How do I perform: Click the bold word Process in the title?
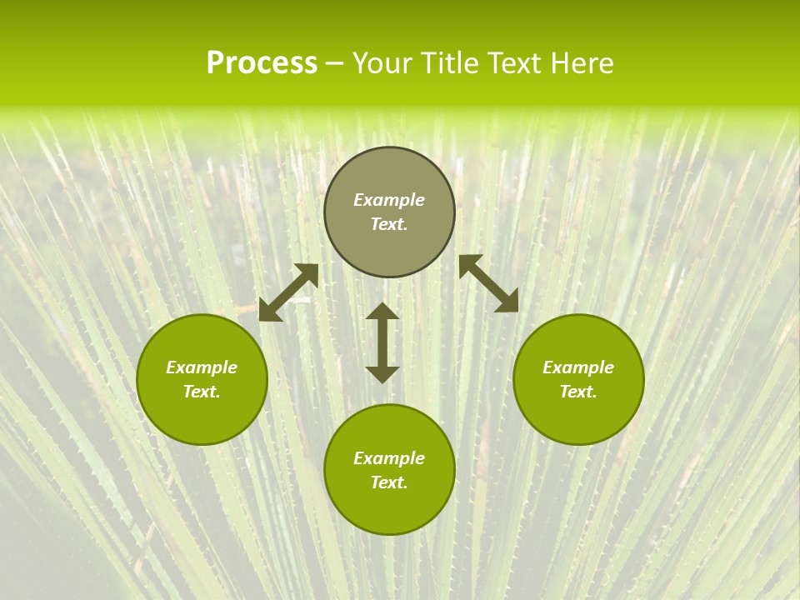[262, 63]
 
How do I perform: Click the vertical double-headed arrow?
[382, 342]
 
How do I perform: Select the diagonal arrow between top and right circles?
[488, 283]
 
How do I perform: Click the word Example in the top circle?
[389, 200]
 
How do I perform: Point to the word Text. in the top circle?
[389, 224]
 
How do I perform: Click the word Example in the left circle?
[202, 367]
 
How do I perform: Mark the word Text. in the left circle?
[202, 392]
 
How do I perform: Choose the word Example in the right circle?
[578, 367]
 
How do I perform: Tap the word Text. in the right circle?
[578, 392]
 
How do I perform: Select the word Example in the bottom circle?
[389, 458]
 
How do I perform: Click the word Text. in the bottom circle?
[389, 482]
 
